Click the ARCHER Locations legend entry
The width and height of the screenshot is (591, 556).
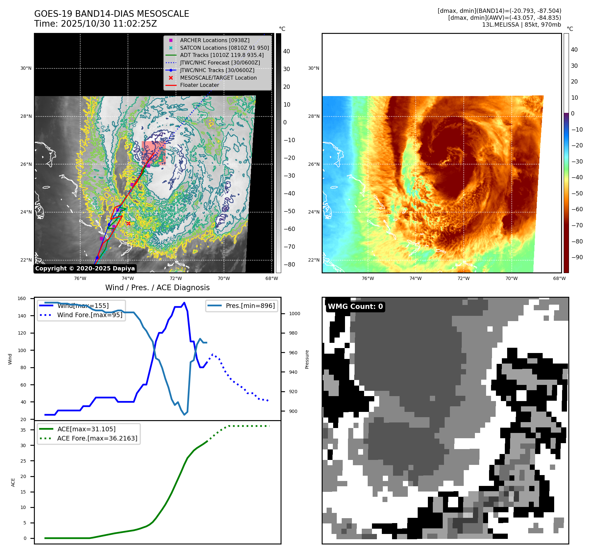(x=214, y=40)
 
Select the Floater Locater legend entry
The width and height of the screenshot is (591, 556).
(x=199, y=85)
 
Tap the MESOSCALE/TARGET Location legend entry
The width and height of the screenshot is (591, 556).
(x=218, y=78)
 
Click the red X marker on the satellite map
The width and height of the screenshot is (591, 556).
(x=128, y=223)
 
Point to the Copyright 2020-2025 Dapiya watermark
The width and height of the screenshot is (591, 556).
(x=85, y=268)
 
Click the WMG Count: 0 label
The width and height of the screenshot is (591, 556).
(x=355, y=307)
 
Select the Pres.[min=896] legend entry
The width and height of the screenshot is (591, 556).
(x=250, y=306)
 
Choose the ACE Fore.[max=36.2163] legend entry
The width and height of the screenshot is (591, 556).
(x=97, y=438)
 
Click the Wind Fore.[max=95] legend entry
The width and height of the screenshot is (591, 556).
(x=89, y=315)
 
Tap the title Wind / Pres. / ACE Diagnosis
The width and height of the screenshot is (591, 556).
(x=157, y=288)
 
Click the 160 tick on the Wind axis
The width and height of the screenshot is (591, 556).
(x=22, y=299)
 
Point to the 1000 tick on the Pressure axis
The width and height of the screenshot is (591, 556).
(x=294, y=314)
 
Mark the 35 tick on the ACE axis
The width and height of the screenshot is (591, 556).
(x=23, y=430)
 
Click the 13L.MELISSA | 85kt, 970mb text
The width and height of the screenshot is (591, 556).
(x=521, y=25)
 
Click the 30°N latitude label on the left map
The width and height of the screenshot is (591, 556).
(x=26, y=68)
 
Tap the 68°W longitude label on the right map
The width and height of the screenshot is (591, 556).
(x=559, y=279)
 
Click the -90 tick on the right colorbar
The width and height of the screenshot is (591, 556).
(x=577, y=257)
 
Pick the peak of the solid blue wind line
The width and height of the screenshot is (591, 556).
(x=184, y=303)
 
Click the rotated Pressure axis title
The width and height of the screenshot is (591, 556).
(x=307, y=359)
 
